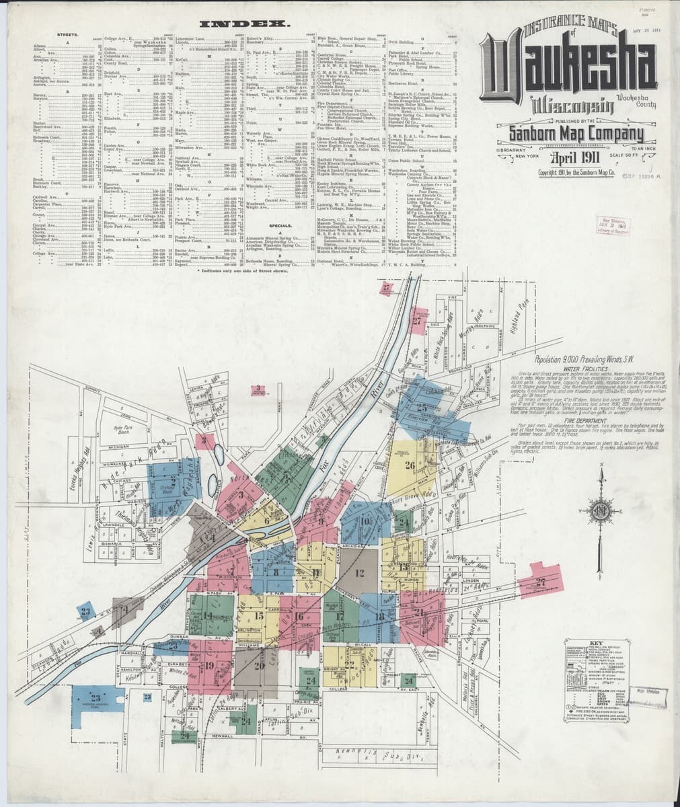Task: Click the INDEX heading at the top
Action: [x=250, y=24]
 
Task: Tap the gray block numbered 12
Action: [x=359, y=574]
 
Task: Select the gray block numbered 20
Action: [x=258, y=665]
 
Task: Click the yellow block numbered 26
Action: [x=410, y=464]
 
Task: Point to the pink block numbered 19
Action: [x=209, y=665]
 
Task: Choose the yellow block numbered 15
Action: [x=259, y=615]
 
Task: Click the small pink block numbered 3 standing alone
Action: [x=258, y=388]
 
